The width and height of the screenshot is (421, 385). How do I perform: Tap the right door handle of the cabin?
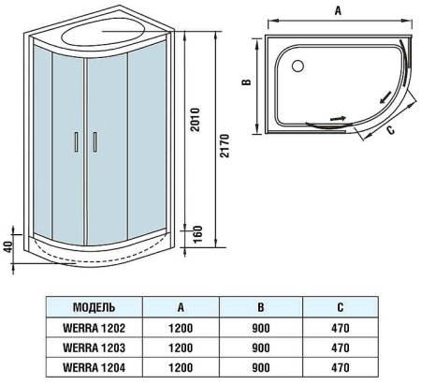tap(94, 141)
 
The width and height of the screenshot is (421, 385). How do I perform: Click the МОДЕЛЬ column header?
tap(94, 304)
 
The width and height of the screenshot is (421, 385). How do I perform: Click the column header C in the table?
tap(341, 304)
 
